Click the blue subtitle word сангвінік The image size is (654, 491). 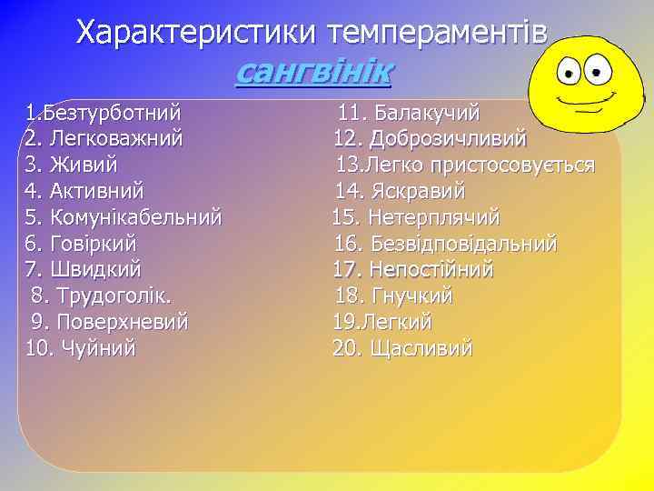[312, 71]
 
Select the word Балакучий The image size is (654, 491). [427, 114]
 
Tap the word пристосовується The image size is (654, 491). [513, 165]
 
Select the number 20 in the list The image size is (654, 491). [346, 347]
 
